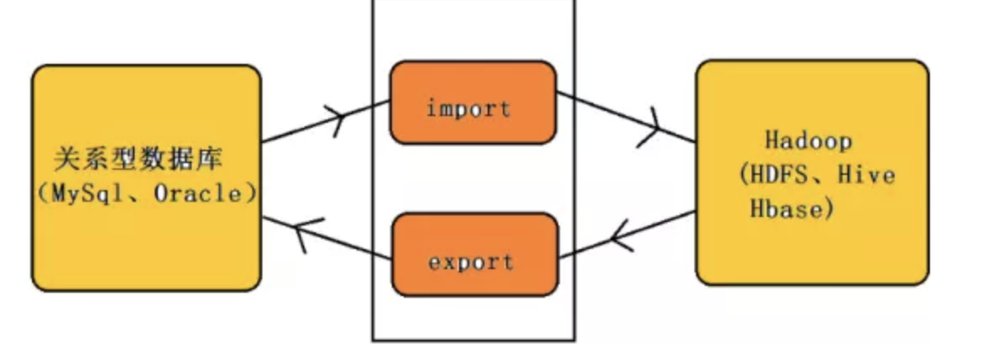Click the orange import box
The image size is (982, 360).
click(x=473, y=103)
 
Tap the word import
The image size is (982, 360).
click(x=468, y=109)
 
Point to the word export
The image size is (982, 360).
click(x=471, y=261)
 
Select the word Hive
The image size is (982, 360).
click(x=868, y=176)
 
